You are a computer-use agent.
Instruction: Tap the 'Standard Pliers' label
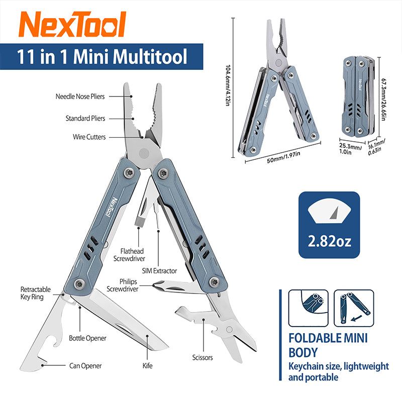click(85, 119)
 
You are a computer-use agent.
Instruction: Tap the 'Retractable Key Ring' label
click(36, 293)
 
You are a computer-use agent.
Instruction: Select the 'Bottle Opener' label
click(87, 338)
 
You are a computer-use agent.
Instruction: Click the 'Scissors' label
click(202, 358)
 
